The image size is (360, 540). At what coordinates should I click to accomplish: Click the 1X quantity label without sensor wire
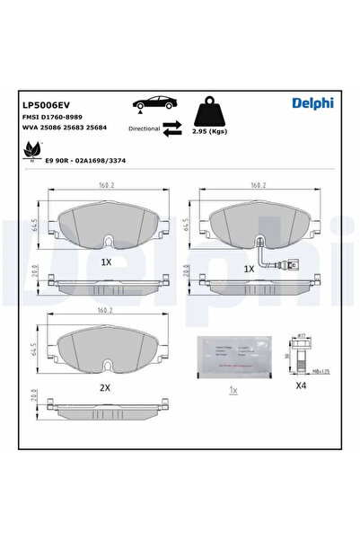tap(106, 262)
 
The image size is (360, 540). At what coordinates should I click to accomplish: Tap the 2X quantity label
tap(104, 387)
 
